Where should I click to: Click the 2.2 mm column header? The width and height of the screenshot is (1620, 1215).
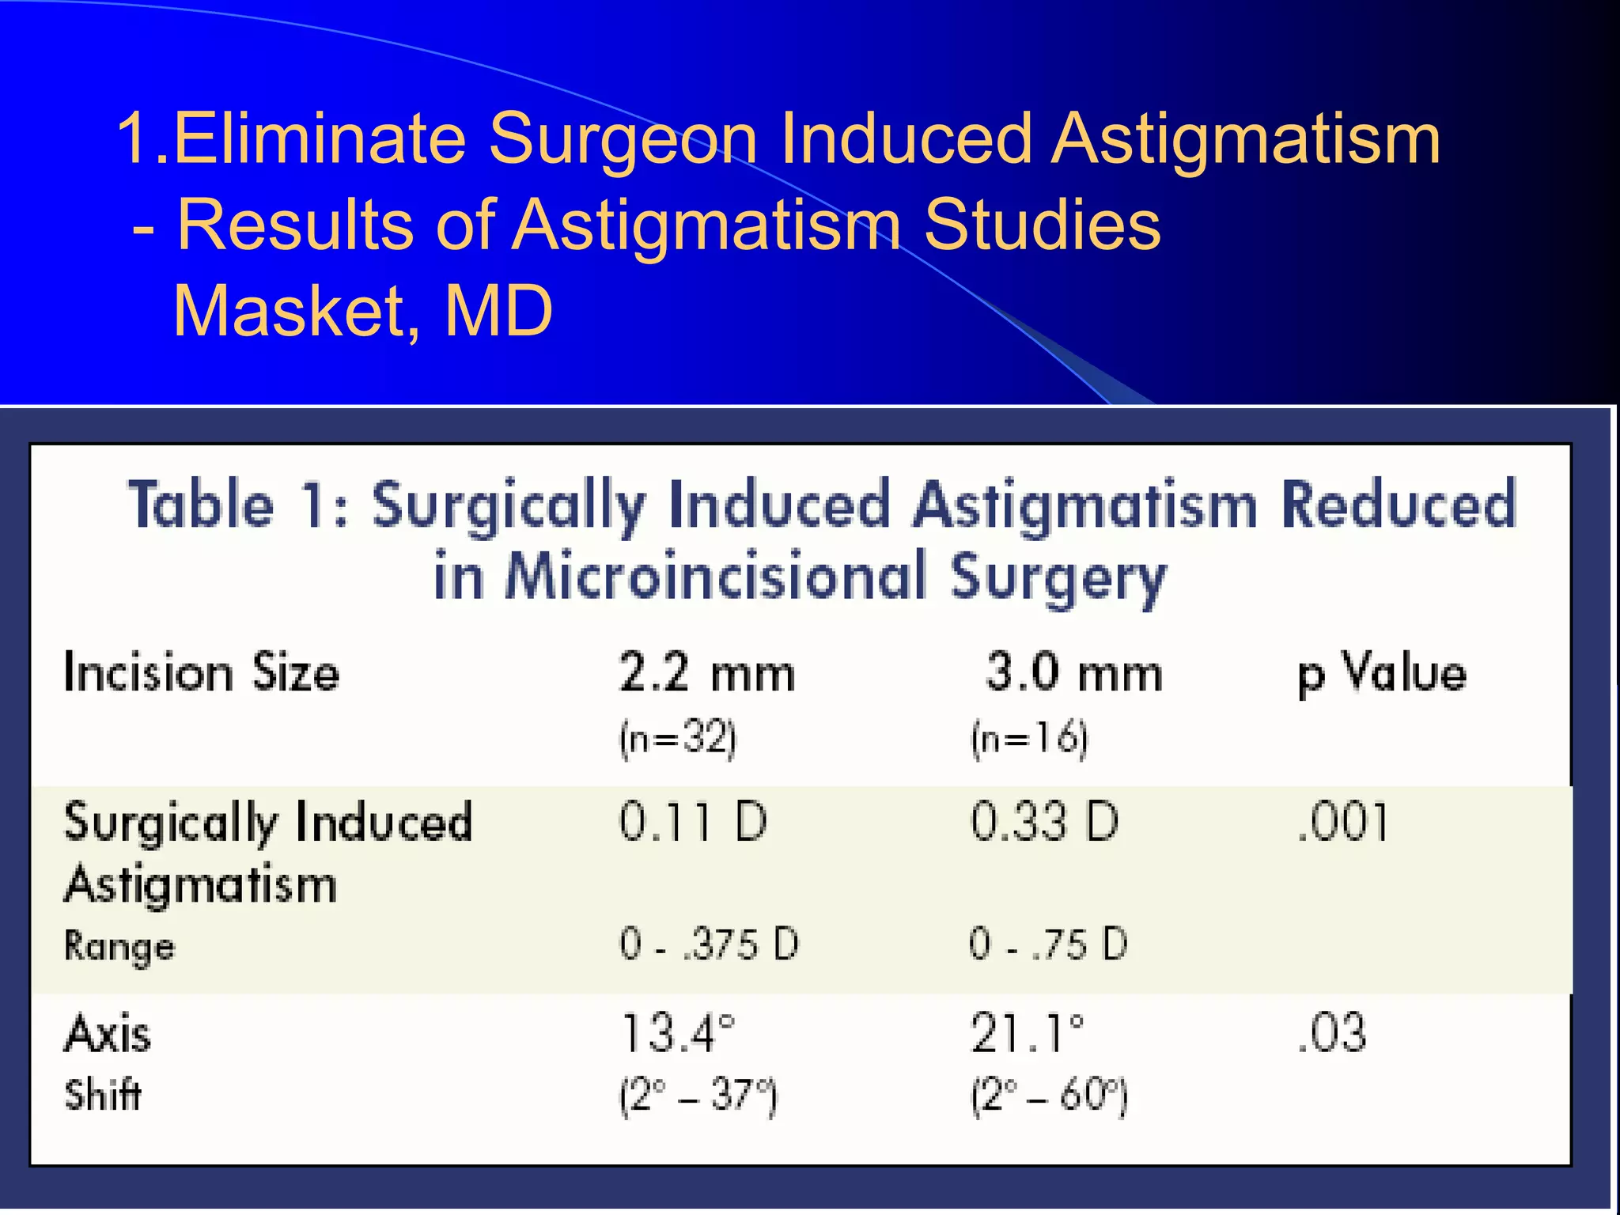[706, 673]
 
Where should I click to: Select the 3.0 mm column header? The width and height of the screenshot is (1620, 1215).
[1073, 673]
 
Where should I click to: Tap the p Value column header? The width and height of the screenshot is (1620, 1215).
[1382, 675]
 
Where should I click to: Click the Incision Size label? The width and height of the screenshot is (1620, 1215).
[202, 673]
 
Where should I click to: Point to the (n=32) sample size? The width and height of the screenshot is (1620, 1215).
[678, 739]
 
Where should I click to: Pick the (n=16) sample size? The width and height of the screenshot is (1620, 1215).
[1029, 739]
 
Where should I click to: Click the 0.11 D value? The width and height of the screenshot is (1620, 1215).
[693, 822]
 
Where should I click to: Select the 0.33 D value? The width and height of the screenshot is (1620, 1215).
[1044, 822]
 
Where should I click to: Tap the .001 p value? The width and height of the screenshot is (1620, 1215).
[1343, 822]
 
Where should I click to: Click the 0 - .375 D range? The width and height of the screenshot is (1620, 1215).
[710, 944]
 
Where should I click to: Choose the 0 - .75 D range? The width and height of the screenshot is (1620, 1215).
[1048, 944]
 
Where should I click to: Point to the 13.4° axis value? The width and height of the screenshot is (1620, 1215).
[678, 1034]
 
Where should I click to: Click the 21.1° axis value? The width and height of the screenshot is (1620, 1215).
[1028, 1034]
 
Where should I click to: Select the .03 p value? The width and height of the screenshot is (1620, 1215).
[1332, 1034]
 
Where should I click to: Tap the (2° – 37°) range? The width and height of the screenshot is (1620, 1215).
[698, 1096]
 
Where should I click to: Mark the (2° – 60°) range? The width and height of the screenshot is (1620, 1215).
[1049, 1096]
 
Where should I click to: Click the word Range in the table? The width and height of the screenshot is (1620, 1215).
[119, 947]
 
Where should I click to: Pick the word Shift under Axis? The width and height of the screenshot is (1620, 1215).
[103, 1096]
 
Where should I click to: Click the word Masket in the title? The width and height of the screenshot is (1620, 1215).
[296, 311]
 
